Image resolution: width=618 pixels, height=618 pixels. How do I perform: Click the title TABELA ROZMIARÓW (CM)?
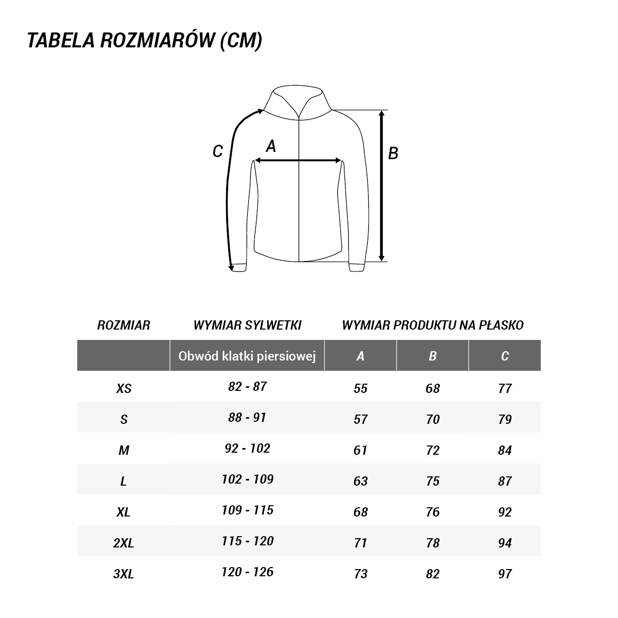click(145, 41)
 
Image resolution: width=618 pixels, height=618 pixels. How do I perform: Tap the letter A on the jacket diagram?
click(271, 147)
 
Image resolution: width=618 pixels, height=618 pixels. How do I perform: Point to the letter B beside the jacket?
click(393, 153)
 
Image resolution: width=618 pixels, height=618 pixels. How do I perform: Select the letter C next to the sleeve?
click(218, 151)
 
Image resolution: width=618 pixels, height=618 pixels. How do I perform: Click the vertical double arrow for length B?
click(382, 185)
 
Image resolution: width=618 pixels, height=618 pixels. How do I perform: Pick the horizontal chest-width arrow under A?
click(299, 161)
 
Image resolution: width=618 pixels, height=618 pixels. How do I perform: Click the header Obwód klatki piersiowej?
click(247, 356)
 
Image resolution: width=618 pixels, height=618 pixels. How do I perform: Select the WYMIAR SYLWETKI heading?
click(247, 325)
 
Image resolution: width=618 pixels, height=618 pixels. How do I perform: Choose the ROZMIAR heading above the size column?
click(124, 325)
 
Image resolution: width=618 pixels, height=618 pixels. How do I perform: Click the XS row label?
click(124, 388)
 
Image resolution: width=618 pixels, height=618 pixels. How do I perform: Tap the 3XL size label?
click(124, 574)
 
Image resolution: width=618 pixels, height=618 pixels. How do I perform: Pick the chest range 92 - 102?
click(247, 449)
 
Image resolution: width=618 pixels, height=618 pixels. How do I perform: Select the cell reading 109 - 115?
click(247, 510)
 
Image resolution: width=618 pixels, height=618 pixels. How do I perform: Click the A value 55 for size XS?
click(360, 388)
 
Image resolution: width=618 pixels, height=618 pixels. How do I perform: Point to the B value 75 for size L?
click(433, 481)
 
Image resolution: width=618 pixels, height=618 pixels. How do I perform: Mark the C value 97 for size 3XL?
click(505, 574)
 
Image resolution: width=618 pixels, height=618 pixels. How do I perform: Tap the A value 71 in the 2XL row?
click(360, 543)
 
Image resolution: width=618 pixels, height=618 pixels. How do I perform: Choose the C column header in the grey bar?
click(505, 356)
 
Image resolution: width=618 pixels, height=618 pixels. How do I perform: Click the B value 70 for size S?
click(433, 419)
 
